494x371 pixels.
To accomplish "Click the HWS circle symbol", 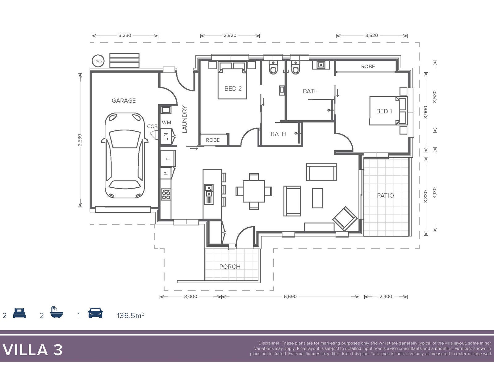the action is [x=98, y=61].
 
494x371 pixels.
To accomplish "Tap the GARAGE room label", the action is [x=124, y=101].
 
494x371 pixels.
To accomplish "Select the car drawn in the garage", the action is [x=125, y=156].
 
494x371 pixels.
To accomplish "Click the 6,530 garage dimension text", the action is [x=80, y=140].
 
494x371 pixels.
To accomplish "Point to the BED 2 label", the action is [x=233, y=88].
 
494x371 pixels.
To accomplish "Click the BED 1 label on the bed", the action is [x=384, y=111].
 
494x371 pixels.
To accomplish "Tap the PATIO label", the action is [x=385, y=195].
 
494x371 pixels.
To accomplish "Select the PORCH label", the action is [x=230, y=267].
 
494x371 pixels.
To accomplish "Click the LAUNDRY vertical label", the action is [x=185, y=119].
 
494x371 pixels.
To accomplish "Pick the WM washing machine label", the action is [x=166, y=122].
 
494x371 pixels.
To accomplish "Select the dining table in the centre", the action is [x=254, y=191].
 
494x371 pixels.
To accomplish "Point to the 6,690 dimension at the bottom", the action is [x=290, y=296].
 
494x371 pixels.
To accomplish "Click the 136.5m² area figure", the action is [x=130, y=315].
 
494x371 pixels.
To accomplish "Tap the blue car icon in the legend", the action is [x=95, y=313].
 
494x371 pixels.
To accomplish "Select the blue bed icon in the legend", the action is [x=19, y=313].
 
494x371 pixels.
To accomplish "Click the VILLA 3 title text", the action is [x=32, y=350].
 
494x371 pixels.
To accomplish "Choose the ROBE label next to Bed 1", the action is [x=368, y=66].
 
